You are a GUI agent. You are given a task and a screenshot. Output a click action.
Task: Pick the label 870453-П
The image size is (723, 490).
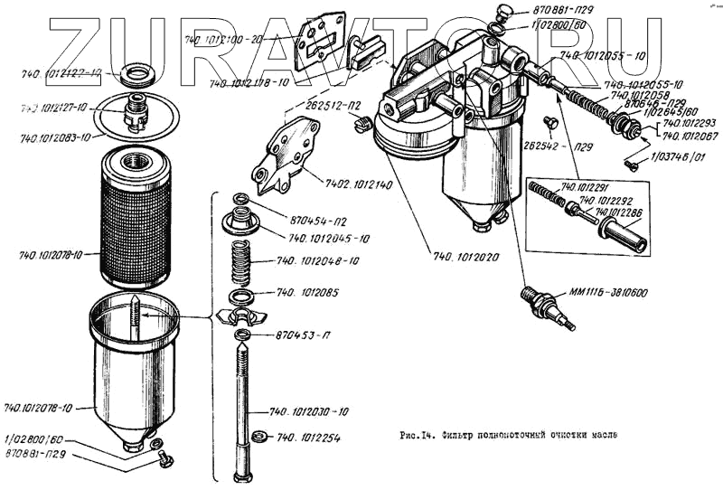297,335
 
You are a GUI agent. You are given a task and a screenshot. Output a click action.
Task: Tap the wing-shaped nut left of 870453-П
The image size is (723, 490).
240,316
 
